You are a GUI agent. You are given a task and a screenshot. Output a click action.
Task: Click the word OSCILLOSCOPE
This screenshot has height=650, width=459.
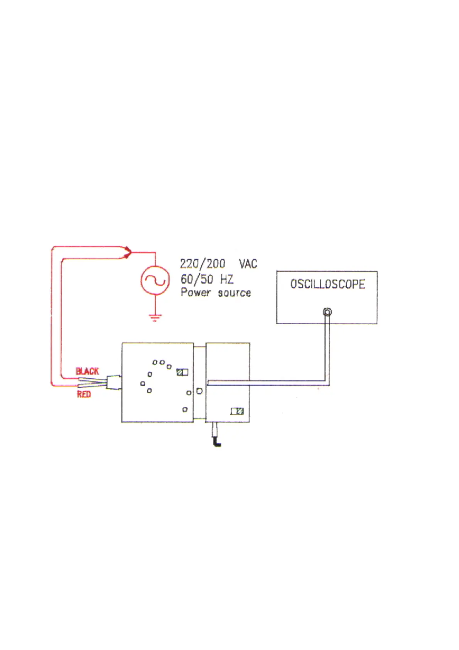pos(327,284)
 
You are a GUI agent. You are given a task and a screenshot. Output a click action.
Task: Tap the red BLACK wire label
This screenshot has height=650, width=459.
pos(87,371)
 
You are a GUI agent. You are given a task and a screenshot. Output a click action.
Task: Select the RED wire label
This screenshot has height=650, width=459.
pos(84,394)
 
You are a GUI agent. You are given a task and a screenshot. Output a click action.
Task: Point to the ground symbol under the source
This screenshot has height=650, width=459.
pos(155,318)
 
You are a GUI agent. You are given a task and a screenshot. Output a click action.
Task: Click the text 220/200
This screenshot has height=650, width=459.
pos(202,264)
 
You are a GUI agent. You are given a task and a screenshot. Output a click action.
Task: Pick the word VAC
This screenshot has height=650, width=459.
pos(248,264)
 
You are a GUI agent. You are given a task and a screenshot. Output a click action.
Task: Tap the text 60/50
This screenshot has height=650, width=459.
pos(197,279)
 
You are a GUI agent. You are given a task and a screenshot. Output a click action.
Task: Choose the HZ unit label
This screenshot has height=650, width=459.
pos(227,279)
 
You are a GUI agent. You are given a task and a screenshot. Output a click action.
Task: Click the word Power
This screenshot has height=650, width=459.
pos(196,292)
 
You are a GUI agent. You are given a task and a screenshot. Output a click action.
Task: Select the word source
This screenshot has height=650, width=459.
pos(234,293)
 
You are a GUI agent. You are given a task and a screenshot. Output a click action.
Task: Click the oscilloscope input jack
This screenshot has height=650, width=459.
pos(327,312)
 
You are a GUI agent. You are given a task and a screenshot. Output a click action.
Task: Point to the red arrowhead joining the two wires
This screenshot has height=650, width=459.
pos(129,253)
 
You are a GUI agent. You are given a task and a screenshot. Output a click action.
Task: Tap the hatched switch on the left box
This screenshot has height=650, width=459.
pos(182,372)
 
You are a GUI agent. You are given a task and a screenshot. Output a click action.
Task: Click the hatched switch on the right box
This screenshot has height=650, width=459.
pos(237,411)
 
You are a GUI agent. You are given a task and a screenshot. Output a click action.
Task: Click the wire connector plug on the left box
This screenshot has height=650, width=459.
pos(113,383)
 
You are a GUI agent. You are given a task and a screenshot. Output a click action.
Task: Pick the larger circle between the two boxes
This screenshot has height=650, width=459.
pos(199,391)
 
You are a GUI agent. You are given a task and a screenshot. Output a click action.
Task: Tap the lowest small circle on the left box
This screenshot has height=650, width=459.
pos(185,410)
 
